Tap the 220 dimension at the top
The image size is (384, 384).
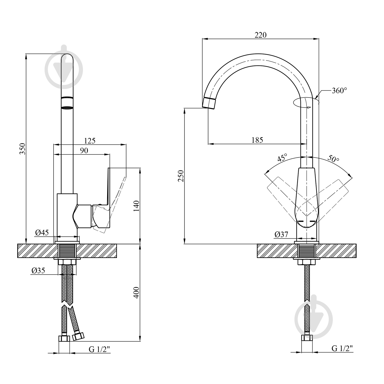(260, 35)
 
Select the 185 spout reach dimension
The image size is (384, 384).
(257, 140)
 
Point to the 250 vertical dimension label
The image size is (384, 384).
(181, 176)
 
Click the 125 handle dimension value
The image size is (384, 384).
(90, 141)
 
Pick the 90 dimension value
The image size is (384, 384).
(84, 151)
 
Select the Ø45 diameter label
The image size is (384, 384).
(42, 232)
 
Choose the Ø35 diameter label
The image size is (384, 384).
(38, 270)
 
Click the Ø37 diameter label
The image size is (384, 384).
(281, 234)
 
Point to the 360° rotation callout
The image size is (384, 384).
(339, 91)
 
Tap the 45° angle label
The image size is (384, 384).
(282, 158)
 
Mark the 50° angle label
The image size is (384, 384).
(333, 159)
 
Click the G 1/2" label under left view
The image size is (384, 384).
(99, 349)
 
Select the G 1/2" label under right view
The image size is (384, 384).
(342, 348)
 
